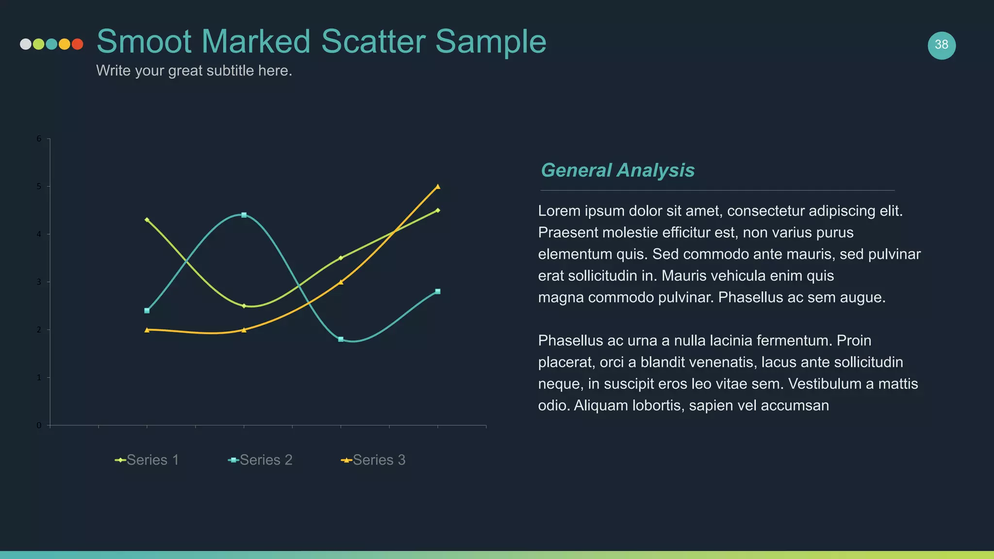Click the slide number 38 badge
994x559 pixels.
(941, 45)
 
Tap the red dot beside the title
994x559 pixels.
(77, 44)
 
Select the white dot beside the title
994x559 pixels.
(26, 44)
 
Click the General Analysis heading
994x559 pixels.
(617, 170)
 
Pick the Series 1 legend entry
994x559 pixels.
(147, 460)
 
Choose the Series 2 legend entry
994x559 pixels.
(261, 460)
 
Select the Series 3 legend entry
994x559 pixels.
(373, 460)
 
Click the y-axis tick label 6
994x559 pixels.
(39, 139)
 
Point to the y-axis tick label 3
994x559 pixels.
(39, 282)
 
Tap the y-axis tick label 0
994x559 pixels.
(39, 426)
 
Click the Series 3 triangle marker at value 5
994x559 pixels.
(438, 186)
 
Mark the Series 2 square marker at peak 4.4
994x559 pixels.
(244, 215)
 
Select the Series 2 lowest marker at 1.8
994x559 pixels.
(341, 339)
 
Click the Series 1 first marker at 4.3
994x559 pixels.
(147, 220)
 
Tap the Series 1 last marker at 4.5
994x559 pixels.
(438, 210)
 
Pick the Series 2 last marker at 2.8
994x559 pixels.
(438, 292)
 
